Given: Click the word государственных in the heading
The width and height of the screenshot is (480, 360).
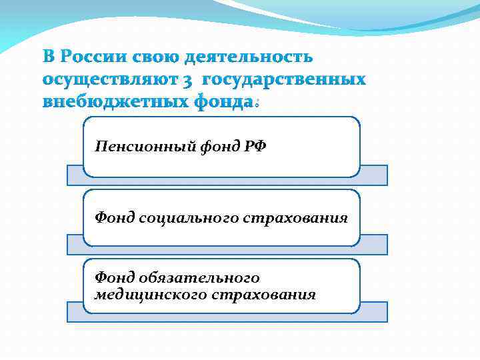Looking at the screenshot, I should coord(284,80).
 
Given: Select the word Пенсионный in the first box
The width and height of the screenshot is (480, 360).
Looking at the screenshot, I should coord(145,147).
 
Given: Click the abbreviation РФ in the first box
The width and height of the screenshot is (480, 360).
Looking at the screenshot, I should coord(254,147).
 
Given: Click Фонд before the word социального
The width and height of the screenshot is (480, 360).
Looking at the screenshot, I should coord(115,218).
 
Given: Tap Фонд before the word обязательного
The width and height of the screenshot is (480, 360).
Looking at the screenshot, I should coord(115,278).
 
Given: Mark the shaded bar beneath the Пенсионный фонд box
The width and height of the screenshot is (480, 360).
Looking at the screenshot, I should coord(373,175).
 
